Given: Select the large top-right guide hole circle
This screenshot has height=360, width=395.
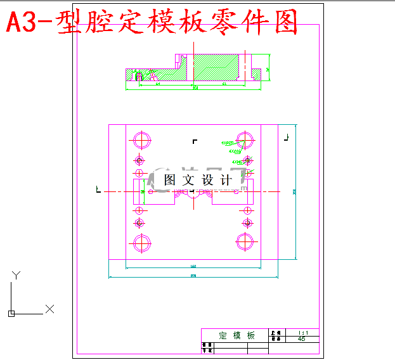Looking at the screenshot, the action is (x=245, y=140).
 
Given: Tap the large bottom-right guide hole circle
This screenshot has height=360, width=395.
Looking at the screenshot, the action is (x=245, y=242).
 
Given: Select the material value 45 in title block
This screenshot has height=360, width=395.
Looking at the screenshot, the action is (x=302, y=339).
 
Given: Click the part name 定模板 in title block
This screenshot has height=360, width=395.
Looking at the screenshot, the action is (x=236, y=335).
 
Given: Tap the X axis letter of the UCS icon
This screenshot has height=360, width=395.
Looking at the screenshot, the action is (x=49, y=309).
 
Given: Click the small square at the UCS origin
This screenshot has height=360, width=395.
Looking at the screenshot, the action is (x=11, y=313).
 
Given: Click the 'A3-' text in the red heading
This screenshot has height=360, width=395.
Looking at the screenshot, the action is (x=29, y=24).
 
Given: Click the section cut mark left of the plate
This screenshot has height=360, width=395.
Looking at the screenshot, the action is (x=98, y=188).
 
